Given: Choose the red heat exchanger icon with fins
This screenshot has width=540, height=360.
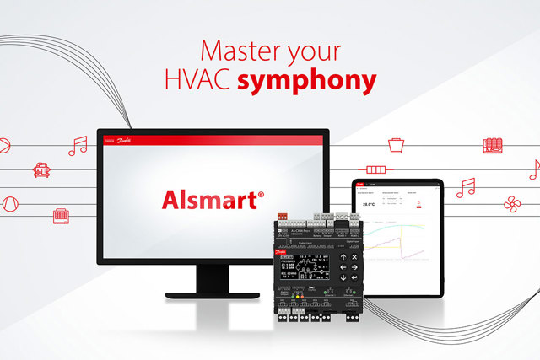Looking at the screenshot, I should click(494, 145).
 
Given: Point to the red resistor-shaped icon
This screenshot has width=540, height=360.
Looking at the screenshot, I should click(375, 169).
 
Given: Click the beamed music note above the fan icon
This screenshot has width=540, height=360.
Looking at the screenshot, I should click(466, 187).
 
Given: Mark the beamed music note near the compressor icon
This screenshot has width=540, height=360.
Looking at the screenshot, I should click(78, 146).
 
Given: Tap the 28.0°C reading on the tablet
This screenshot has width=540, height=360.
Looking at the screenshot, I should click(369, 203).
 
